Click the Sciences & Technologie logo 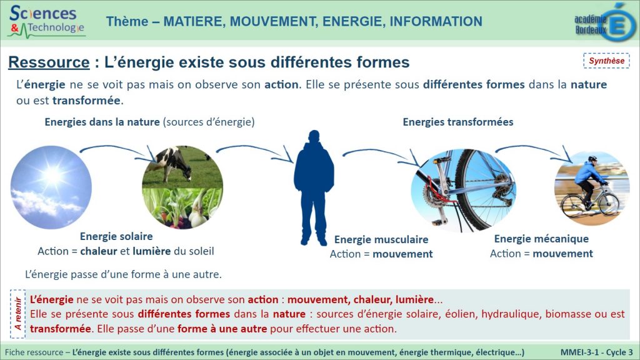(46, 21)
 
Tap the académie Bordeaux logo (605, 22)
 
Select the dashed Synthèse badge (606, 61)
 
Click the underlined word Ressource (49, 62)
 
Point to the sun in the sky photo (53, 176)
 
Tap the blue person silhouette (314, 187)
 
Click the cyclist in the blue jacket (587, 186)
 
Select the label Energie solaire (116, 236)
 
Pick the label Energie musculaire (381, 239)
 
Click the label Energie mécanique (541, 239)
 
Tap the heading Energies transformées (458, 122)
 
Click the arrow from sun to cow (116, 148)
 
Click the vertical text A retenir (18, 314)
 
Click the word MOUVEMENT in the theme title (273, 21)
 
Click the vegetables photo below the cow (182, 208)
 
